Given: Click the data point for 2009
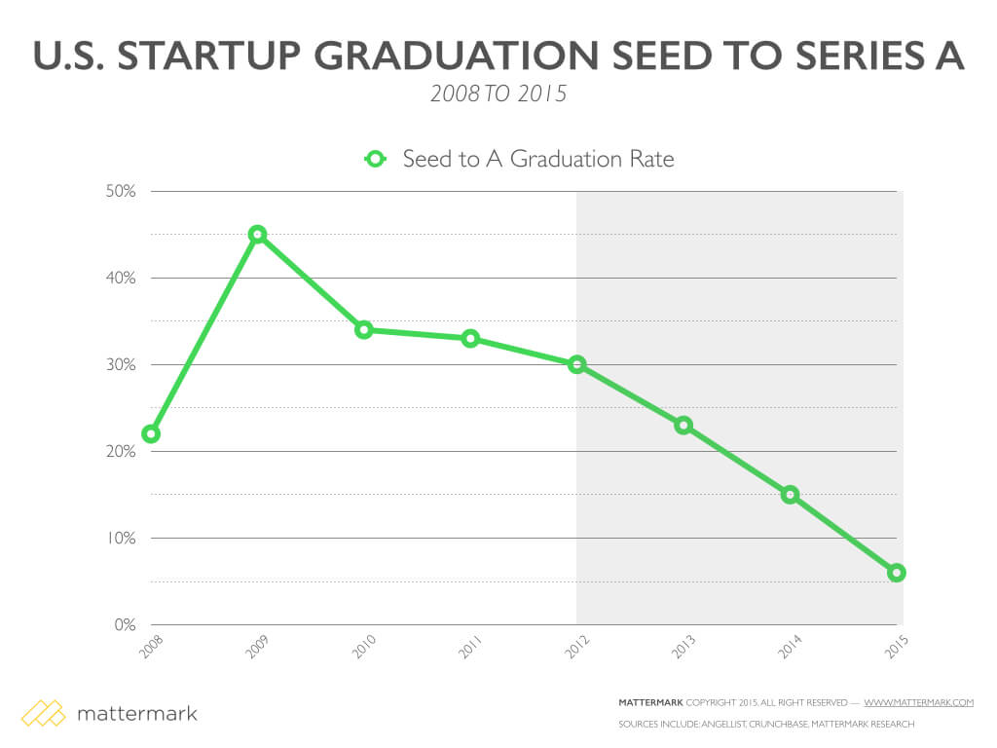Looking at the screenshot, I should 257,234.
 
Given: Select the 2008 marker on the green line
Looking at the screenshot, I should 151,433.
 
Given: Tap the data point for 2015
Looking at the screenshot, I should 897,573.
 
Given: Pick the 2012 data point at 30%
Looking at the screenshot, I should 577,364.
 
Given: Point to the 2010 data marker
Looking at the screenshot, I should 364,329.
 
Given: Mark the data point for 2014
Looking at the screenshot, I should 790,495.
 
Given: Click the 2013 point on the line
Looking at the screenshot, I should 683,425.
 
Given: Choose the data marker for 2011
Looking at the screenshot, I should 470,338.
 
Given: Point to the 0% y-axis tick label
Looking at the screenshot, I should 124,625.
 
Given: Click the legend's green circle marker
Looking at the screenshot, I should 376,159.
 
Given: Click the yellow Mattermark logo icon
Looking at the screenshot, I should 43,713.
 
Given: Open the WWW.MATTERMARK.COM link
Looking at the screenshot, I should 918,702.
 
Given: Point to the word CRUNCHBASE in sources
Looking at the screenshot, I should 779,724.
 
